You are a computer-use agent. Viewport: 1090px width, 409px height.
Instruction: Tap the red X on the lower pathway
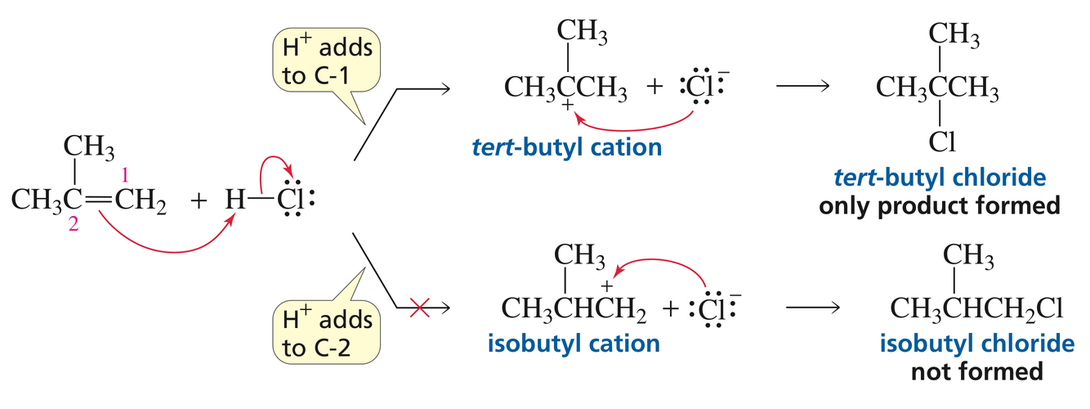click(x=419, y=308)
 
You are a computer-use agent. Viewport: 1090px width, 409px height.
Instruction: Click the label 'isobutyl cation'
click(x=573, y=343)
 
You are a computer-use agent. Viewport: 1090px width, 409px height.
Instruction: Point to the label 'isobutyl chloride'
click(x=976, y=343)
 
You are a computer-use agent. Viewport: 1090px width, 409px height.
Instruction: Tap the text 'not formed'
click(x=976, y=371)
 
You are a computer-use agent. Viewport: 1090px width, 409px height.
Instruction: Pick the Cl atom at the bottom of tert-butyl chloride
click(x=940, y=141)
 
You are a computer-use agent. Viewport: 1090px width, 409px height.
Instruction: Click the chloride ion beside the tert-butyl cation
click(x=697, y=86)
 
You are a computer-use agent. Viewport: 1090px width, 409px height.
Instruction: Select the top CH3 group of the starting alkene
click(x=88, y=149)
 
